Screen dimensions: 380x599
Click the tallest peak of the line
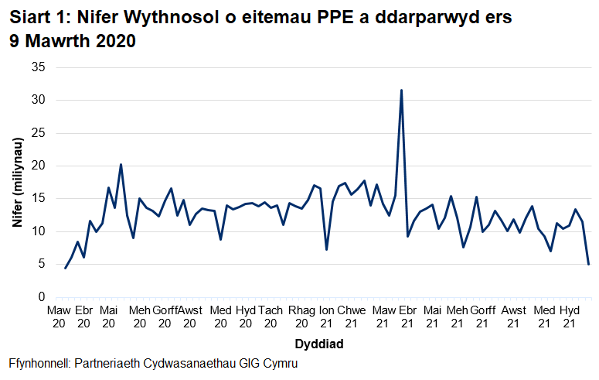pyautogui.click(x=401, y=91)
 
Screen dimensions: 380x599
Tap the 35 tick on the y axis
pyautogui.click(x=38, y=68)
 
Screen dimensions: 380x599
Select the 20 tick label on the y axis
pyautogui.click(x=38, y=166)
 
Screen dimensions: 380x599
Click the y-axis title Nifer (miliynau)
pyautogui.click(x=16, y=183)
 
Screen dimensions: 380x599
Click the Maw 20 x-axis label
pyautogui.click(x=58, y=317)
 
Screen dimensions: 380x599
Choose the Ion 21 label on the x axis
pyautogui.click(x=326, y=317)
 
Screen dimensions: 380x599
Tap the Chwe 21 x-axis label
pyautogui.click(x=352, y=317)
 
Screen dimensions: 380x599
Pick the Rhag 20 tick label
pyautogui.click(x=301, y=317)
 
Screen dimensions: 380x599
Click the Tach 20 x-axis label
pyautogui.click(x=271, y=317)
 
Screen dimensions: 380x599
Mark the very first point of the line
pyautogui.click(x=65, y=268)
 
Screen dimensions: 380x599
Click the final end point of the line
pyautogui.click(x=589, y=264)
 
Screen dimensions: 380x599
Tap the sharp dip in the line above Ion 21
pyautogui.click(x=327, y=249)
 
